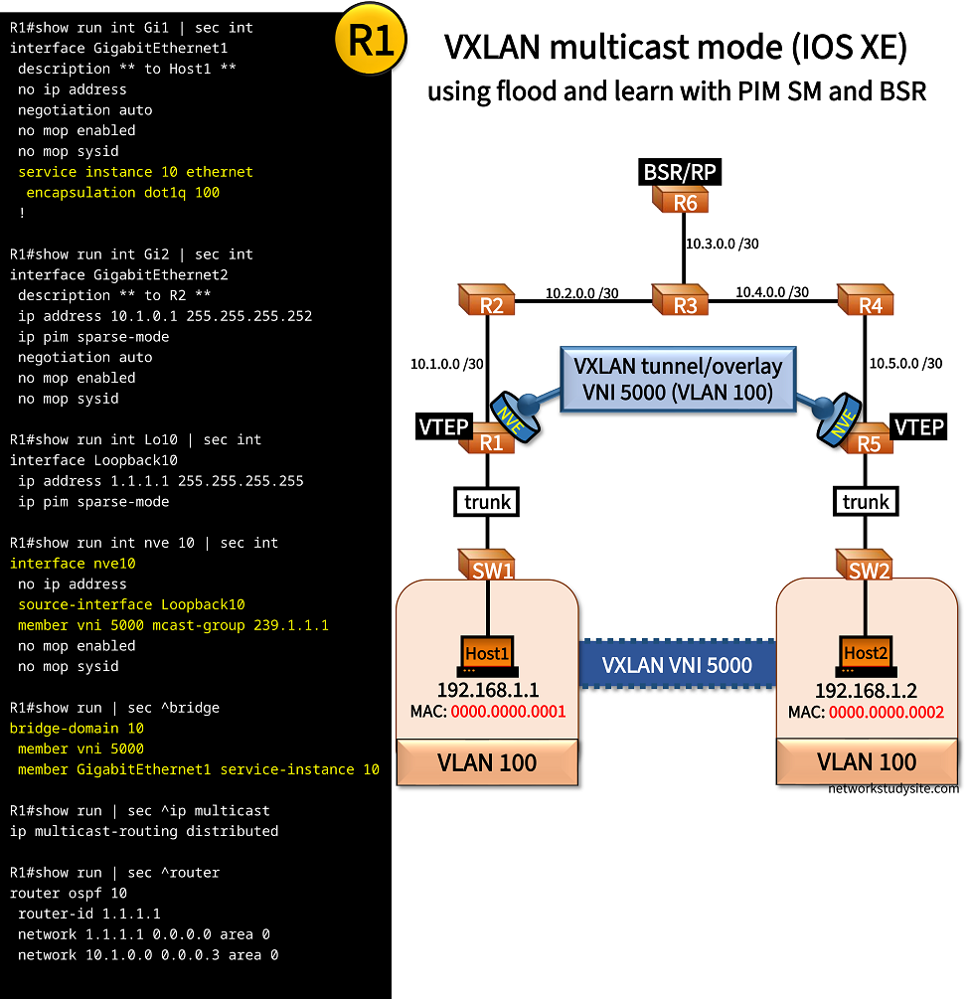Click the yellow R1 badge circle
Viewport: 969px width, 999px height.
click(372, 41)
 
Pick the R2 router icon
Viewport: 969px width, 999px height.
click(489, 301)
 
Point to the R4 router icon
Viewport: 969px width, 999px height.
click(868, 301)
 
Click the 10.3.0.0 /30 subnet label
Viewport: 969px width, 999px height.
click(723, 242)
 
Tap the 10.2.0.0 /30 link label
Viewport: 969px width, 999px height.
click(582, 293)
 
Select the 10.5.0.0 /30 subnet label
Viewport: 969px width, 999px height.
click(905, 364)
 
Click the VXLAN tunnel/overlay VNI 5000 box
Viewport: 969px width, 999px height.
click(678, 379)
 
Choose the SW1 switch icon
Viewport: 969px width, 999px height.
click(487, 566)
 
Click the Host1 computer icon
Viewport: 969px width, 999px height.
click(487, 655)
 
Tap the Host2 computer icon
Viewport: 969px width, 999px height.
click(865, 655)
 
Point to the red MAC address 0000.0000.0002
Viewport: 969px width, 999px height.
click(886, 713)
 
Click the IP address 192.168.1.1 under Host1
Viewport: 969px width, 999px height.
click(487, 690)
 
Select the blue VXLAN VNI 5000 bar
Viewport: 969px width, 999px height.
click(678, 665)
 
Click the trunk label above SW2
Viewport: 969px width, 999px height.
click(866, 502)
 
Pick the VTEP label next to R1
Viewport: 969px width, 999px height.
click(442, 427)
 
